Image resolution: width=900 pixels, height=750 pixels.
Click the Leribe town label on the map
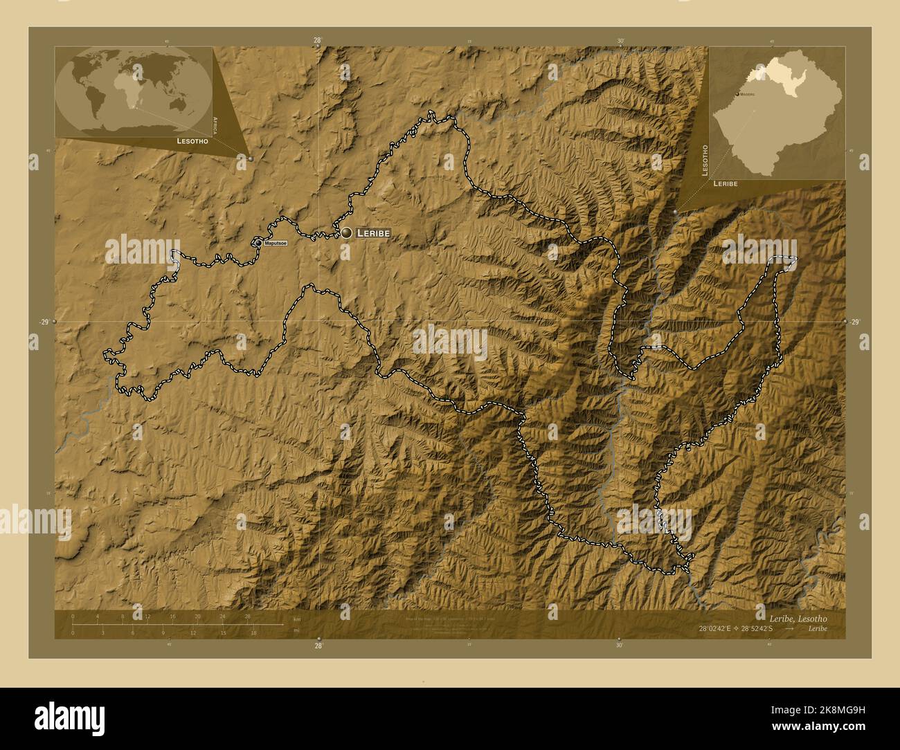[x=372, y=234]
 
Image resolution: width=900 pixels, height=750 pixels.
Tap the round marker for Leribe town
[x=346, y=233]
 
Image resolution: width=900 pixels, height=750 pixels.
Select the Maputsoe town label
[x=275, y=244]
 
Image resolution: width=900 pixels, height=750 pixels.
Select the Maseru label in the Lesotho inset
[x=747, y=93]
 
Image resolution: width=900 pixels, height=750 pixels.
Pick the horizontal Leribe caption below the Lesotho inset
[x=725, y=184]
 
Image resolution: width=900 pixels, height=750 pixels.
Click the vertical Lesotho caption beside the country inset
[x=705, y=161]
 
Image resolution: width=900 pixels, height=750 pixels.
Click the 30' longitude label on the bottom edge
[x=619, y=646]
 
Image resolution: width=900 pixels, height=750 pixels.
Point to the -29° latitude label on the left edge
[x=44, y=322]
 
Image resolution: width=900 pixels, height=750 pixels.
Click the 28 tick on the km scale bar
[x=247, y=616]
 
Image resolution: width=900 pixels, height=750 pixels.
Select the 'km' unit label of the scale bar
[x=296, y=619]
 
